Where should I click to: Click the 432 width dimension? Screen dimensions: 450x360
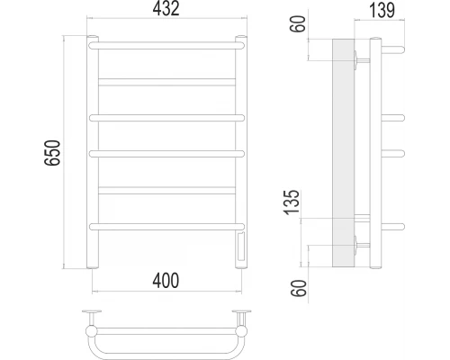[x=166, y=9]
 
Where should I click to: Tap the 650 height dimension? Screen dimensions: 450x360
[x=52, y=153]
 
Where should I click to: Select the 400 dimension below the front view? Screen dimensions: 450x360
[x=166, y=281]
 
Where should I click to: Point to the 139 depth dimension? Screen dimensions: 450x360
[x=382, y=10]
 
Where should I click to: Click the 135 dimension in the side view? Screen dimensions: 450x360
[x=292, y=202]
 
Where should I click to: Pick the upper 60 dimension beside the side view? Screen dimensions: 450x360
[x=298, y=23]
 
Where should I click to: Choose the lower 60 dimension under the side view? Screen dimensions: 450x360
[x=299, y=288]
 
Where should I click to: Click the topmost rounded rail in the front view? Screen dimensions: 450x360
[x=166, y=46]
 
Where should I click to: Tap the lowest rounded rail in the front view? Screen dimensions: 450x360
[x=166, y=227]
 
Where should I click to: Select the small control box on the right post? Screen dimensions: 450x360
[x=241, y=247]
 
